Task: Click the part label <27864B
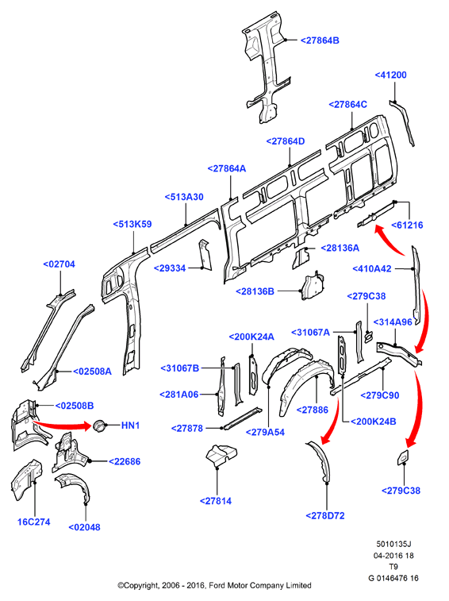click(320, 40)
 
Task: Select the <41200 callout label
click(390, 75)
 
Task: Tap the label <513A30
click(184, 197)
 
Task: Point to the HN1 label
click(130, 426)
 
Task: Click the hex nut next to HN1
click(99, 426)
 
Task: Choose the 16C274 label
click(33, 522)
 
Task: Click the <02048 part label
click(84, 527)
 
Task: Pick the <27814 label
click(216, 501)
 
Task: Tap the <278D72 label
click(325, 516)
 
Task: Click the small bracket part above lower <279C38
click(403, 457)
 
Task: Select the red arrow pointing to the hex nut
click(62, 424)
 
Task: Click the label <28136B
click(255, 291)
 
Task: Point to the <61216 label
click(407, 225)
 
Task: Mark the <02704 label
click(59, 264)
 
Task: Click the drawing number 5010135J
click(393, 544)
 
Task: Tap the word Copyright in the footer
click(139, 586)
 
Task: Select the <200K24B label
click(373, 422)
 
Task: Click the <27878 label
click(187, 429)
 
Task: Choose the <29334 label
click(170, 268)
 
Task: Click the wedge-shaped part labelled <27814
click(221, 456)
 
